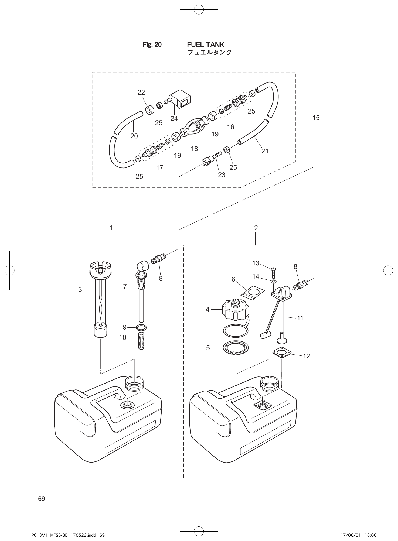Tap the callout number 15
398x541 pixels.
(x=316, y=118)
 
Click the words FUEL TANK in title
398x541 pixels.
(x=206, y=44)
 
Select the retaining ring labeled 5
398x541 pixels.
(x=236, y=348)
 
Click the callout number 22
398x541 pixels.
(x=141, y=93)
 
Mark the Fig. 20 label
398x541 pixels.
(x=152, y=45)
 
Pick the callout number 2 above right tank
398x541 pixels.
(x=256, y=228)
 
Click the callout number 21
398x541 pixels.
(x=265, y=151)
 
